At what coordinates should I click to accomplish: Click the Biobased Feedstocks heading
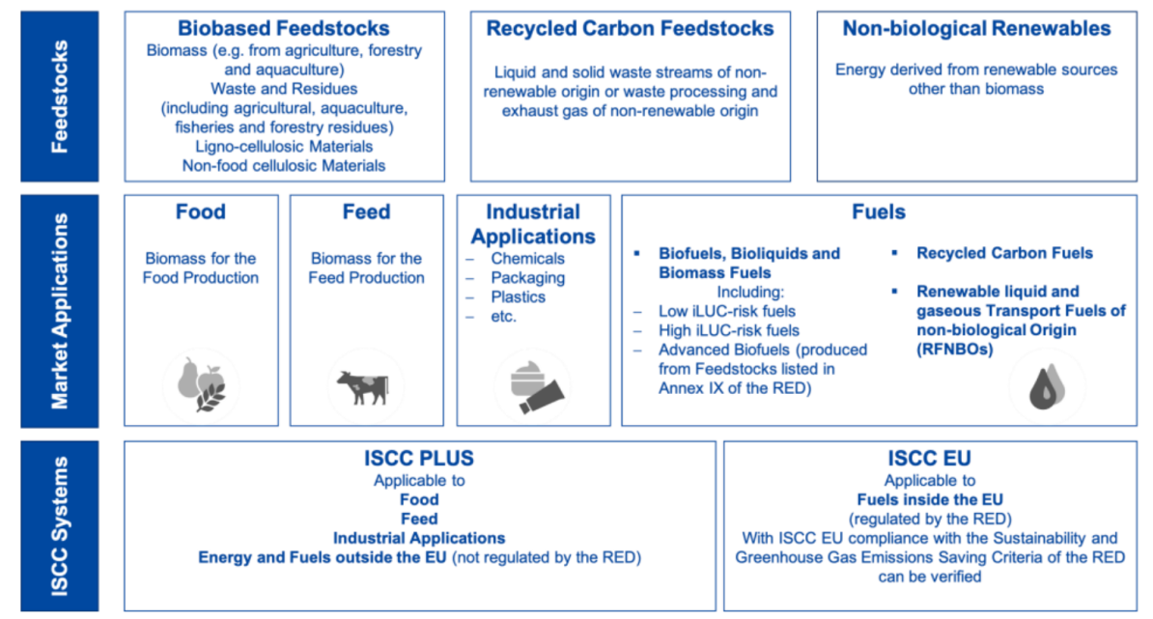tap(284, 29)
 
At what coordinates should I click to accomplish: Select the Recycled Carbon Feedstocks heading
tap(631, 29)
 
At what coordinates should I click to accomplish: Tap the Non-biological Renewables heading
tap(976, 29)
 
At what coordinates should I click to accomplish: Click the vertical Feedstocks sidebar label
tap(60, 97)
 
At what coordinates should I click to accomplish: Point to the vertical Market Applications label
tap(60, 310)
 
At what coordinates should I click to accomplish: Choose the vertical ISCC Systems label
tap(60, 526)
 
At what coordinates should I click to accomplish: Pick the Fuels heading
tap(879, 212)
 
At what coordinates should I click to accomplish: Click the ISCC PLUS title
tap(419, 459)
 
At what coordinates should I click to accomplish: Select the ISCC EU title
tap(930, 459)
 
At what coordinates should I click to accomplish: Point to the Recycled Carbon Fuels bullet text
tap(1004, 254)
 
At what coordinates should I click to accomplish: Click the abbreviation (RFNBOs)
tap(954, 350)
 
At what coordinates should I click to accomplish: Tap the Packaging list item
tap(528, 278)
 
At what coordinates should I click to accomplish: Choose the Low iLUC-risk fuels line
tap(726, 312)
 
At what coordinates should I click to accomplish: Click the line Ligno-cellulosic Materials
tap(284, 147)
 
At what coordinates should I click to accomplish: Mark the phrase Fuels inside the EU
tap(930, 500)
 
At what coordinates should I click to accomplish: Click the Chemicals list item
tap(528, 259)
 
